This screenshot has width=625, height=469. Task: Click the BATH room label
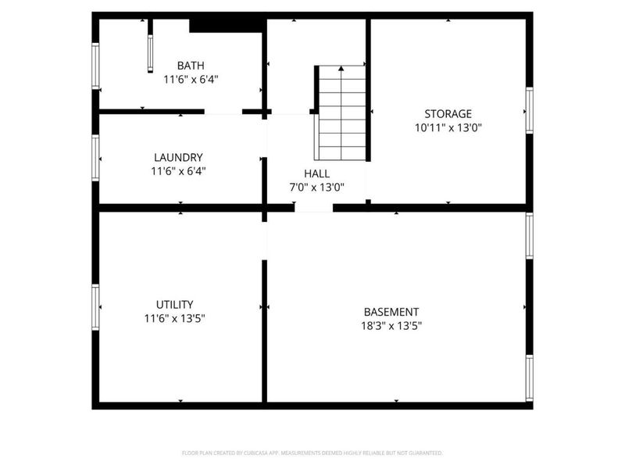pyautogui.click(x=191, y=66)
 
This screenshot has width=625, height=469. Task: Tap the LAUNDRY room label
pyautogui.click(x=178, y=157)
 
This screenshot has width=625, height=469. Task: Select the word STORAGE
pyautogui.click(x=448, y=114)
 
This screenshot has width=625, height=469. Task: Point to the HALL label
pyautogui.click(x=316, y=174)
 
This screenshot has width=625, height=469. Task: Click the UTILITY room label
pyautogui.click(x=174, y=304)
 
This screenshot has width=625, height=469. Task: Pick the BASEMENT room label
pyautogui.click(x=391, y=311)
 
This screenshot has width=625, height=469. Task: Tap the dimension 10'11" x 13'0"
pyautogui.click(x=448, y=128)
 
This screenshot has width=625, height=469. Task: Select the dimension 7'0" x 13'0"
pyautogui.click(x=316, y=188)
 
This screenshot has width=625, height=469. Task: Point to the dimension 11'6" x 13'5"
pyautogui.click(x=174, y=318)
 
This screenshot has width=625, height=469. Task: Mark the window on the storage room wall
pyautogui.click(x=530, y=111)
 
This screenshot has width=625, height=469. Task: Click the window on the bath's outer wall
pyautogui.click(x=95, y=66)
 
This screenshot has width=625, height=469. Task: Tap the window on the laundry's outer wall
pyautogui.click(x=95, y=158)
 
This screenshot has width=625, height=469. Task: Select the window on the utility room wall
pyautogui.click(x=95, y=307)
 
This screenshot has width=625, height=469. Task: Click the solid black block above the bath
pyautogui.click(x=226, y=25)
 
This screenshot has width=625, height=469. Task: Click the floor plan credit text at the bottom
pyautogui.click(x=312, y=453)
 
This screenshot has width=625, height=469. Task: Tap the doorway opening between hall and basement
pyautogui.click(x=313, y=208)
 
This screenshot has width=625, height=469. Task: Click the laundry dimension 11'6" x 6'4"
pyautogui.click(x=178, y=170)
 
